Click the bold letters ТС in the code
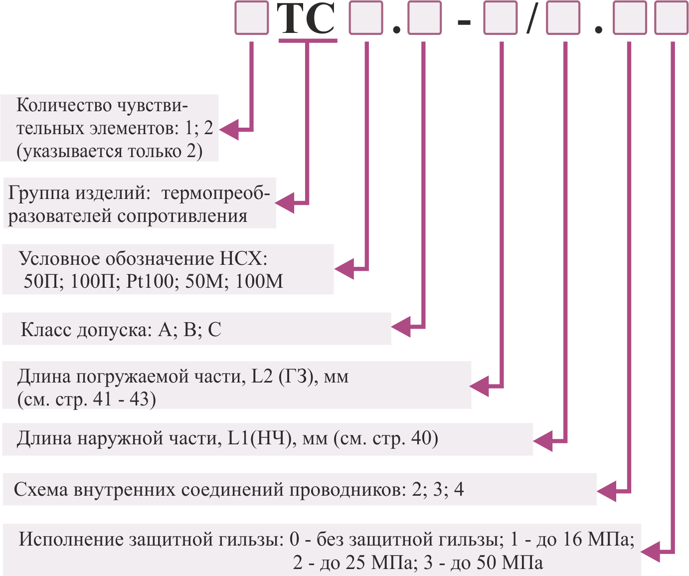click(x=306, y=18)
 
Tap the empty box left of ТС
click(x=251, y=18)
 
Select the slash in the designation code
click(x=532, y=18)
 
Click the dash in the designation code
click(x=464, y=22)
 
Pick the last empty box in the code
click(x=671, y=18)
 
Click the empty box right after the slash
click(x=563, y=18)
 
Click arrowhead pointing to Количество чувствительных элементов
click(x=229, y=130)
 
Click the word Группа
click(x=39, y=193)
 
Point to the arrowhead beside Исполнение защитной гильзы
click(x=650, y=552)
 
